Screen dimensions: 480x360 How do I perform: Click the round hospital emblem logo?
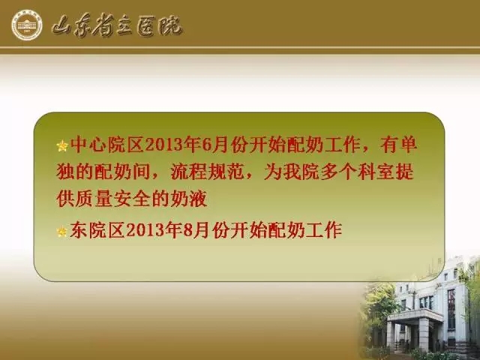coord(27,25)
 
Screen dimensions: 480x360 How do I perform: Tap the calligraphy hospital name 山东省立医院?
coord(117,27)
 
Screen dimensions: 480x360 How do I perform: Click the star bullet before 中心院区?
coord(62,146)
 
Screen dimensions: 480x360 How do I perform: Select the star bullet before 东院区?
coord(61,232)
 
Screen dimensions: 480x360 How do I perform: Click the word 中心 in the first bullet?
coord(88,145)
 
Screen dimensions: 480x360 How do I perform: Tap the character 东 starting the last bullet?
coord(79,230)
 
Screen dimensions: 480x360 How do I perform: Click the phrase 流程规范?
coord(207,172)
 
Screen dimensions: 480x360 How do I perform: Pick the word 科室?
coord(376,172)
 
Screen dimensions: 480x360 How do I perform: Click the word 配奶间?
coord(122,172)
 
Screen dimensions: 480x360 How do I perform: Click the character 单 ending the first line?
coord(408,145)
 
